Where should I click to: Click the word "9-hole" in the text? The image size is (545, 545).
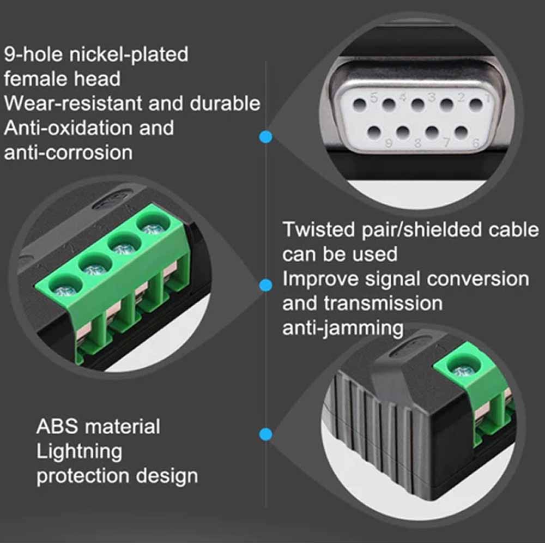[33, 55]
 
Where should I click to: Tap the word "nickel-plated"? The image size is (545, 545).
[129, 55]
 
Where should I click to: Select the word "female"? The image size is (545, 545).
[31, 78]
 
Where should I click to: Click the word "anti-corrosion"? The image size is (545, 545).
[69, 153]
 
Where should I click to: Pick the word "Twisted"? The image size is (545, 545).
[319, 230]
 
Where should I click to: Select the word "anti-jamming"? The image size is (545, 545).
[343, 329]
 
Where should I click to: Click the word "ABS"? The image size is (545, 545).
[57, 427]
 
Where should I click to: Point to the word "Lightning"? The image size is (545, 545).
[80, 452]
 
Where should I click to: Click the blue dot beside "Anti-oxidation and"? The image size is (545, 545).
[266, 137]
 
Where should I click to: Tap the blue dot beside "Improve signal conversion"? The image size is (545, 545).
[266, 286]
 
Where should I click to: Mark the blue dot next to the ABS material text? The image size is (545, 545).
[266, 434]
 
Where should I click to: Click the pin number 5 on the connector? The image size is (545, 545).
[374, 98]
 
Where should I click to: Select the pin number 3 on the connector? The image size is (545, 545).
[432, 97]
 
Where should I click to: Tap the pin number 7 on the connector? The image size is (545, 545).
[446, 142]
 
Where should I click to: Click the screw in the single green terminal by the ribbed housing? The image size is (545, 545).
[462, 372]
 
